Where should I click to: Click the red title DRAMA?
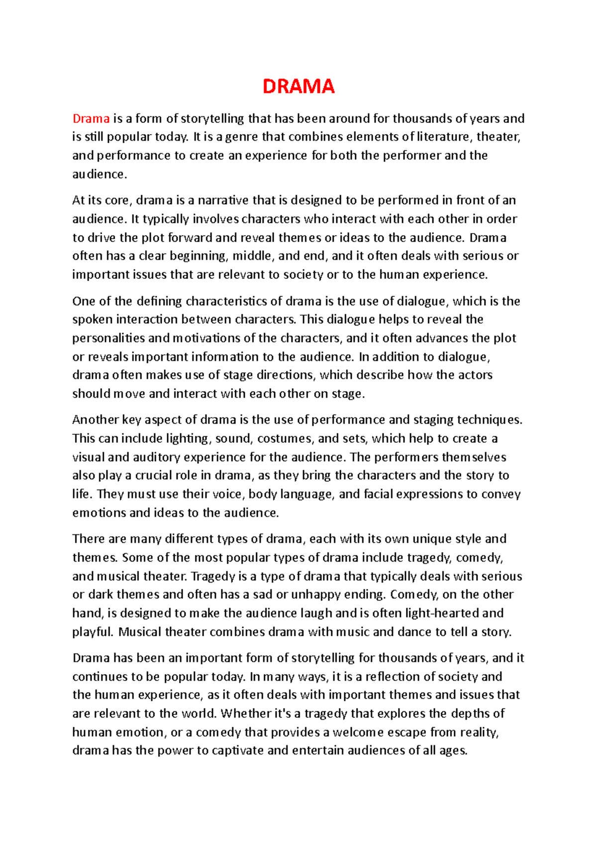tap(298, 87)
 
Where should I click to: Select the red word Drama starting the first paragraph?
tap(91, 119)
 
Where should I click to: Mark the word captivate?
tap(238, 751)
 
